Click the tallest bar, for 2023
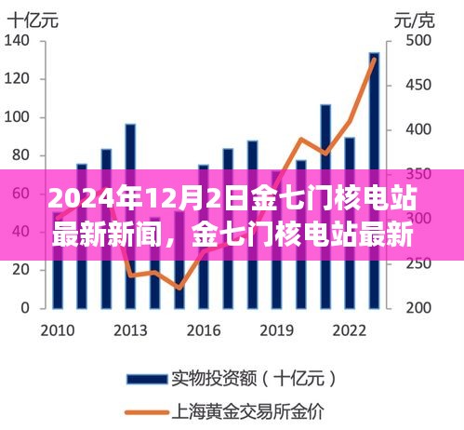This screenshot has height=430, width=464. click(x=374, y=181)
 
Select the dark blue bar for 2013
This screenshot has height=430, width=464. click(x=130, y=216)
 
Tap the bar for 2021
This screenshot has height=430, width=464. click(x=325, y=207)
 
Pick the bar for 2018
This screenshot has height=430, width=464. click(x=252, y=224)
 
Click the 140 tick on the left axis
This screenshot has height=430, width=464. click(x=17, y=41)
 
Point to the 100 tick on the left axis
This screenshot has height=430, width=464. click(x=17, y=117)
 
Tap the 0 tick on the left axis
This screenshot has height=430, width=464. click(x=25, y=308)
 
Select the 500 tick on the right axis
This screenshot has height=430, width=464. click(x=418, y=41)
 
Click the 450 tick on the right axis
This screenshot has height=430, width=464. click(x=418, y=85)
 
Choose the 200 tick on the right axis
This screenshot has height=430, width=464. click(x=418, y=308)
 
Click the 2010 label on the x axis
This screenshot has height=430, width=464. click(x=58, y=331)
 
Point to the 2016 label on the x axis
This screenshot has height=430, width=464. click(x=204, y=331)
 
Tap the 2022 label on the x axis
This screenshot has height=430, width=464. click(x=350, y=331)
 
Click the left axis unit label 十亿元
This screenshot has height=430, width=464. click(x=33, y=21)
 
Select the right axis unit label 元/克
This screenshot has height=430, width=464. click(x=415, y=21)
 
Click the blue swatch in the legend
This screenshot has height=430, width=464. click(x=147, y=379)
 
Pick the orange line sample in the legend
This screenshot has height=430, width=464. click(x=147, y=412)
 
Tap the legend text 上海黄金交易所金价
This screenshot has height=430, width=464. click(x=248, y=412)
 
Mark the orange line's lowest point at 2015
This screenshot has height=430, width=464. click(x=179, y=289)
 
